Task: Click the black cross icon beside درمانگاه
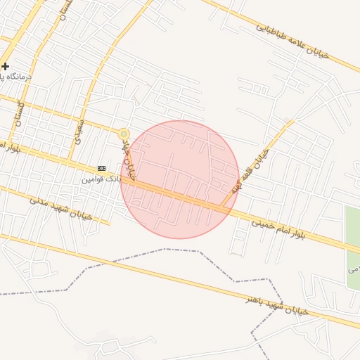coord(5,66)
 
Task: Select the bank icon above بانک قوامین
coord(102,168)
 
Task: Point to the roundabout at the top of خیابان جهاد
coord(124,134)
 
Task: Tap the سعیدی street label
coord(77,131)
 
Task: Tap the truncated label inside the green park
coord(354,269)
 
